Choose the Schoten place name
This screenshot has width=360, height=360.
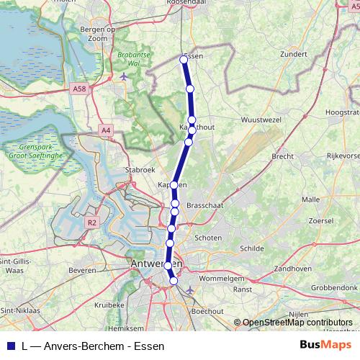point(209,237)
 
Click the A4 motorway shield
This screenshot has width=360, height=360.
point(106,130)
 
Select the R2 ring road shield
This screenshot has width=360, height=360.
point(91,223)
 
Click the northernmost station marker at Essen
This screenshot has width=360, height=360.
point(184,60)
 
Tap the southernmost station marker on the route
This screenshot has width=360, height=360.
point(174,282)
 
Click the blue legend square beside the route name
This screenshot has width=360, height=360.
point(10,345)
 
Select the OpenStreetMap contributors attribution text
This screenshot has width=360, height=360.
point(297,323)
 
